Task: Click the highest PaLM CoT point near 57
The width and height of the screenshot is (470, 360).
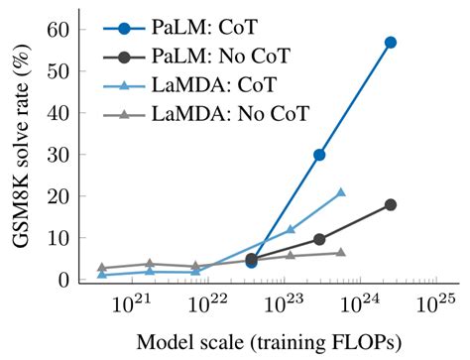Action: [391, 43]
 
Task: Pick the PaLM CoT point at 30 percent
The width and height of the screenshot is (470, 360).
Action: [319, 155]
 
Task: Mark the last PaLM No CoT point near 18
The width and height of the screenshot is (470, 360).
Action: [391, 204]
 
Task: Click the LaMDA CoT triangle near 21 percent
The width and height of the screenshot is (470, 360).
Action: [341, 192]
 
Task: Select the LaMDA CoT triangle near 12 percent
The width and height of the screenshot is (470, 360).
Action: [291, 229]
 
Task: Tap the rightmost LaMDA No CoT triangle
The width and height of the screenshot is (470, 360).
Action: [341, 253]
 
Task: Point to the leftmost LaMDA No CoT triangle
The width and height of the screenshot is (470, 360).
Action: [102, 268]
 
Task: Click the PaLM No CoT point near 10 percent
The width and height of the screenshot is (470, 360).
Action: [319, 239]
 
